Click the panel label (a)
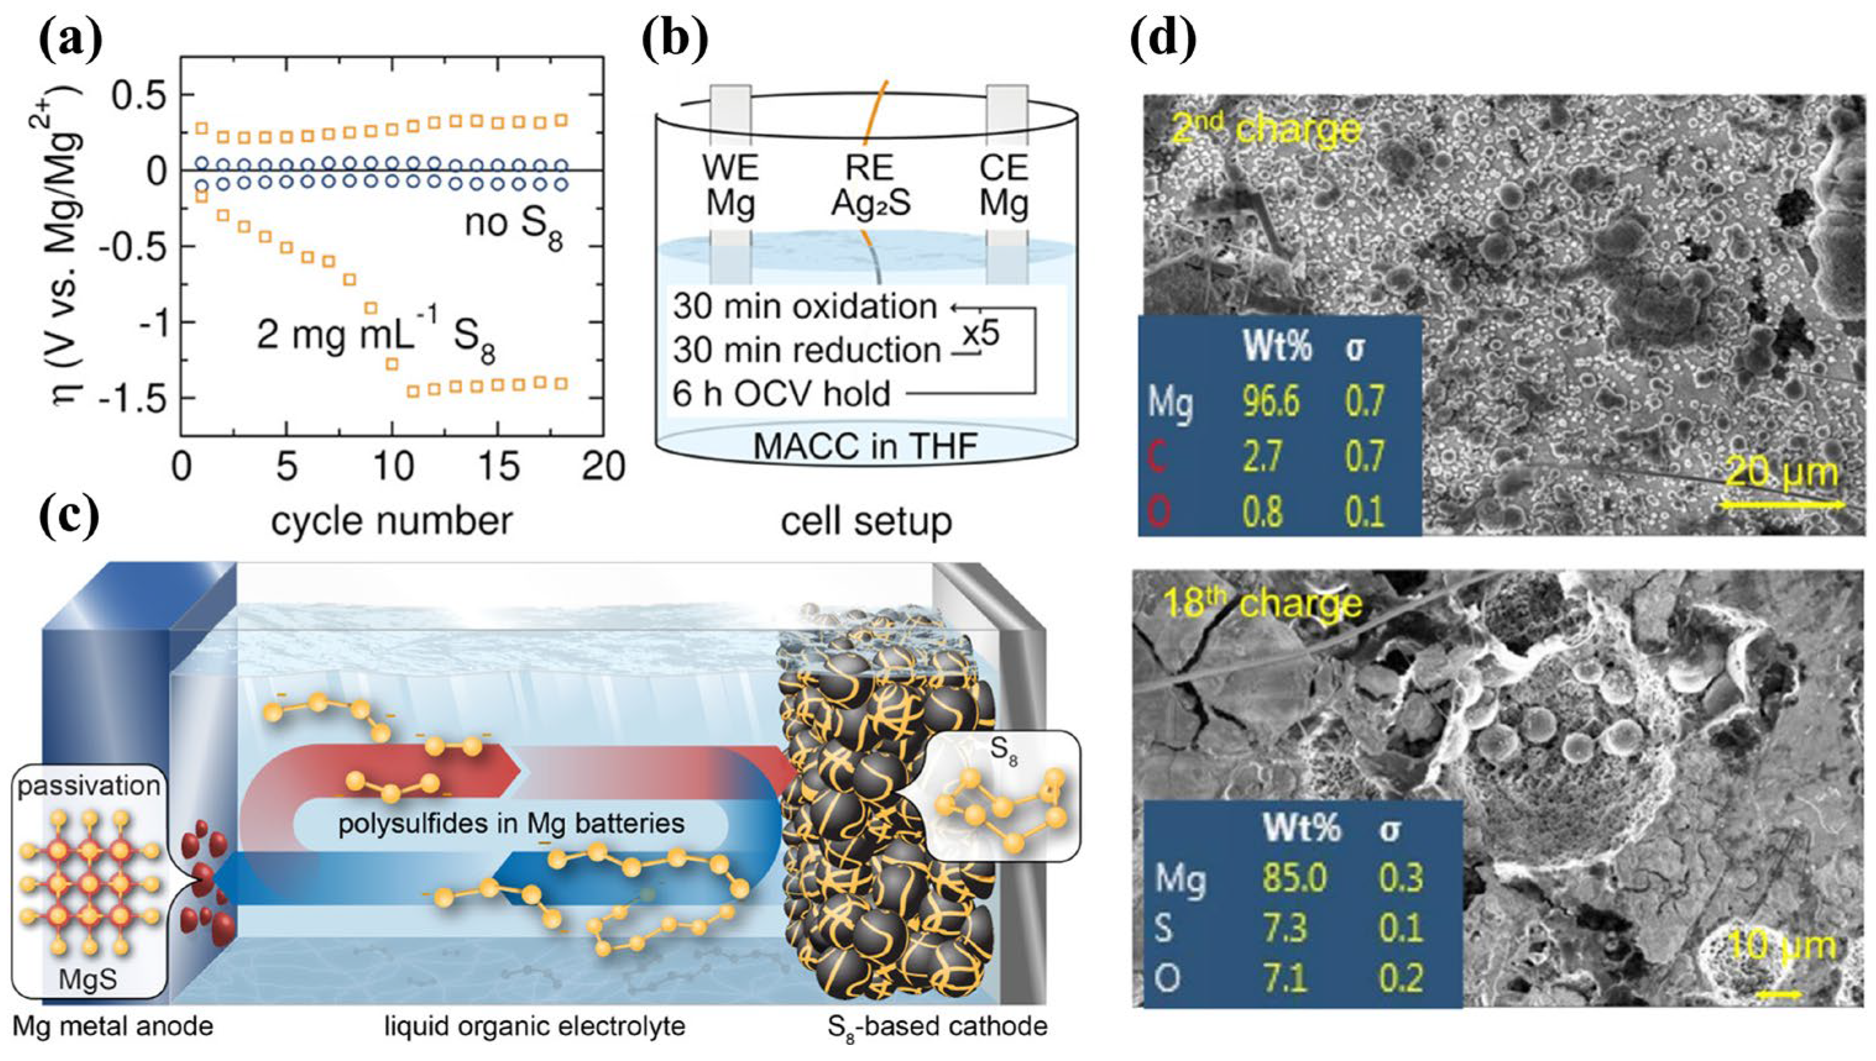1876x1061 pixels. [70, 40]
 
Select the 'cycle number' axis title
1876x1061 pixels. [391, 521]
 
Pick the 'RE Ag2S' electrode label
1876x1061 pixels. [871, 186]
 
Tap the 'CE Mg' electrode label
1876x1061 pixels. [1004, 186]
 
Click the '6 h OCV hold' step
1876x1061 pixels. [782, 394]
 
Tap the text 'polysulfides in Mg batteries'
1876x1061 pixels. [511, 824]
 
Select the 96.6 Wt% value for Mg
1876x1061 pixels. [1270, 401]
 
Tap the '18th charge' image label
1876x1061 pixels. [1262, 603]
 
